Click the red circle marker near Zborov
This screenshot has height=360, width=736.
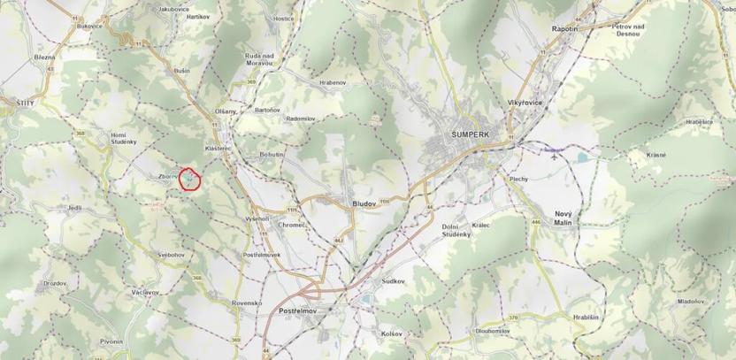191,180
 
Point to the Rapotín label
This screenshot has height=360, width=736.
565,28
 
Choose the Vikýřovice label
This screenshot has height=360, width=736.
525,103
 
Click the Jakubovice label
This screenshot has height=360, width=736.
175,7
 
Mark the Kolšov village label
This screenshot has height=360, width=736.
391,333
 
